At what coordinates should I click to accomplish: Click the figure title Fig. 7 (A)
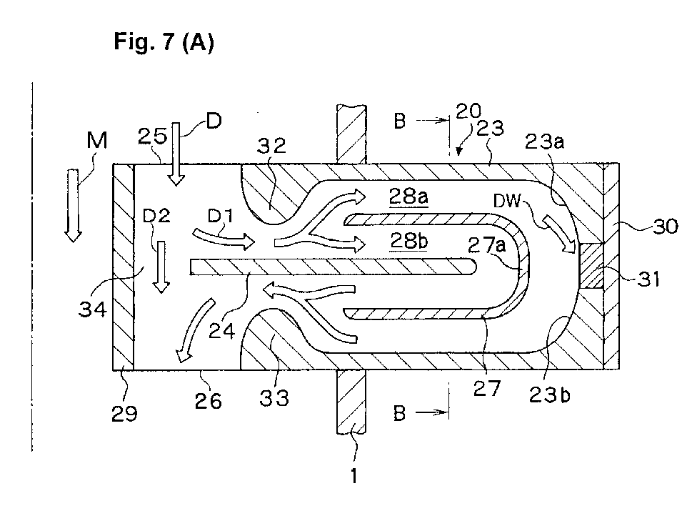(x=164, y=43)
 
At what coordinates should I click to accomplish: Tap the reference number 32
(x=271, y=145)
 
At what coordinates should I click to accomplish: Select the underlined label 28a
(x=408, y=196)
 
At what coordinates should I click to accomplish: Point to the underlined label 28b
(x=409, y=241)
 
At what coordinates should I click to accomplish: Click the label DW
(x=507, y=201)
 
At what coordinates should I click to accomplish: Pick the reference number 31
(x=648, y=279)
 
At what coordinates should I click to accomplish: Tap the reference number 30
(x=665, y=227)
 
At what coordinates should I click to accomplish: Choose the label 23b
(x=549, y=395)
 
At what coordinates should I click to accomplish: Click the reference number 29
(x=124, y=413)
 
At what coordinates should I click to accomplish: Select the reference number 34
(x=92, y=309)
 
